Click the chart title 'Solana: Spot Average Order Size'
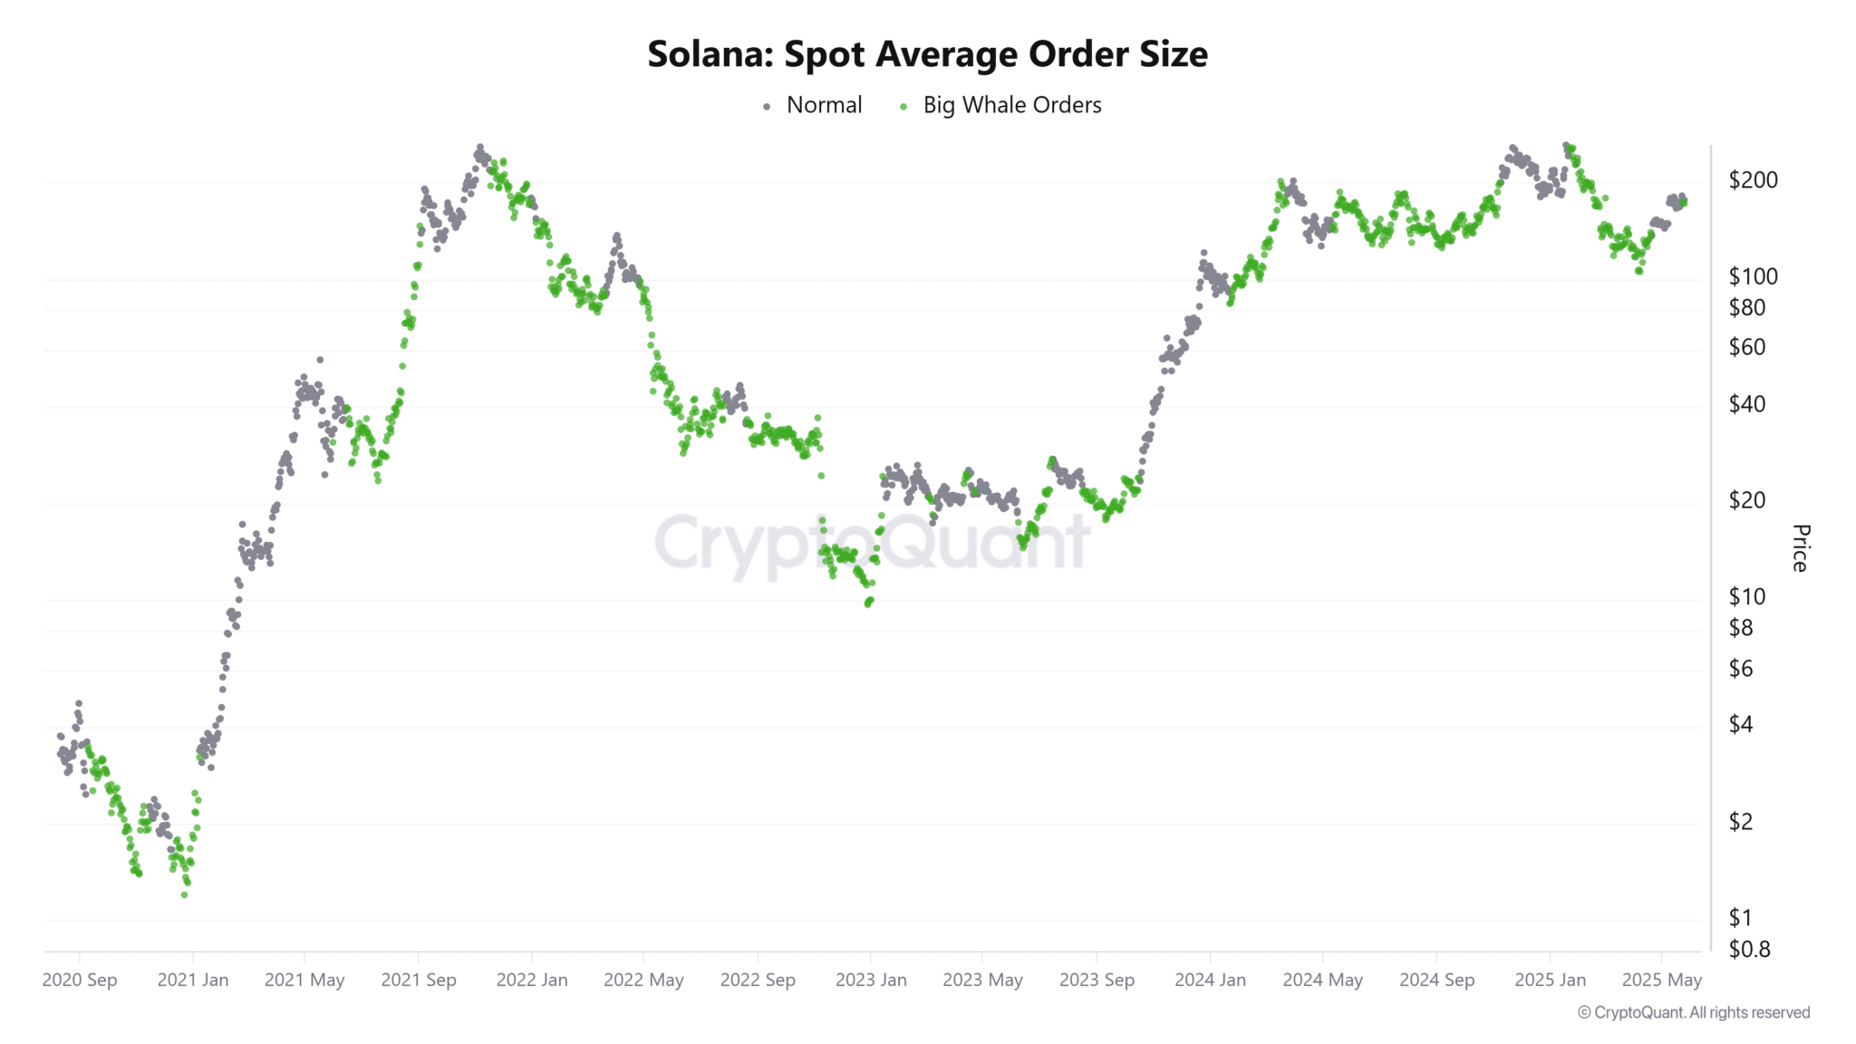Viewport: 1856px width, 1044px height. pyautogui.click(x=927, y=54)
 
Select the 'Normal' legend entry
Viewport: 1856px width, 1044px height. pyautogui.click(x=824, y=105)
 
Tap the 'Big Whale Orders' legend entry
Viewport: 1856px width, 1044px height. pyautogui.click(x=1011, y=105)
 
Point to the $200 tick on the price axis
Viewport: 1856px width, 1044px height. pyautogui.click(x=1753, y=179)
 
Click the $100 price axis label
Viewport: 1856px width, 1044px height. pyautogui.click(x=1753, y=275)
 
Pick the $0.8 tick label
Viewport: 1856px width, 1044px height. pyautogui.click(x=1749, y=949)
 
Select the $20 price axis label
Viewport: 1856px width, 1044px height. pyautogui.click(x=1747, y=499)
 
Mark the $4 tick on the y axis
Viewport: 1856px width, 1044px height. pyautogui.click(x=1741, y=724)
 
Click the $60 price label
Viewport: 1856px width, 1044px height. pyautogui.click(x=1747, y=347)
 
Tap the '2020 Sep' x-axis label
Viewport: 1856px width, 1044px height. pyautogui.click(x=80, y=980)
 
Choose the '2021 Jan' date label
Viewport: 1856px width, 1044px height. pyautogui.click(x=193, y=980)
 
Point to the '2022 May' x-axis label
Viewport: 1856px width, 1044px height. pyautogui.click(x=643, y=980)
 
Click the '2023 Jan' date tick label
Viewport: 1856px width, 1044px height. pyautogui.click(x=871, y=980)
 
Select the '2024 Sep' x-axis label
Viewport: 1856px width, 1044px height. pyautogui.click(x=1436, y=980)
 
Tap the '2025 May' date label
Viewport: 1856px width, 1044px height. pyautogui.click(x=1662, y=980)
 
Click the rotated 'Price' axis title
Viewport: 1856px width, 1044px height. pyautogui.click(x=1801, y=547)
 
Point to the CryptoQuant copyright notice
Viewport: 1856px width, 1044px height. pyautogui.click(x=1694, y=1012)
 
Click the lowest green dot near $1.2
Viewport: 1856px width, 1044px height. pyautogui.click(x=185, y=894)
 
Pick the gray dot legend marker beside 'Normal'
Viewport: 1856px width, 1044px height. pyautogui.click(x=767, y=107)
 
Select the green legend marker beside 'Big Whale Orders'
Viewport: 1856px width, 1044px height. pyautogui.click(x=903, y=107)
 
